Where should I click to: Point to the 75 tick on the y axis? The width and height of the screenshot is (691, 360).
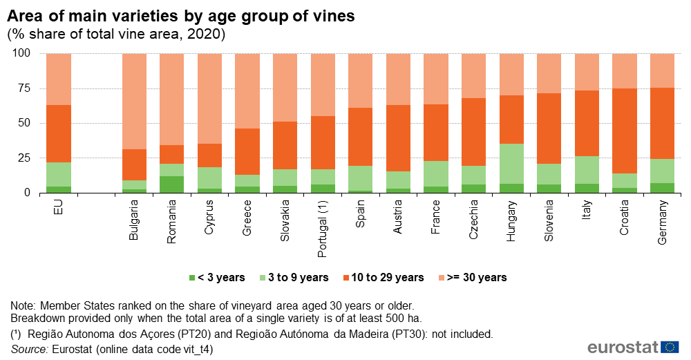26,88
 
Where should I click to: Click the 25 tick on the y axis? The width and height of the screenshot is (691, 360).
26,158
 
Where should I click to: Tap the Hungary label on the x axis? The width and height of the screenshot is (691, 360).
511,220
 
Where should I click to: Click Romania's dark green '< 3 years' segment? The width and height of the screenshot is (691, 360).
171,184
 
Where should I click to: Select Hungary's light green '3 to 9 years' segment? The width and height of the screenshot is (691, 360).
511,164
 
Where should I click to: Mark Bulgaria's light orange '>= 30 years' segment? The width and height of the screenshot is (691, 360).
134,101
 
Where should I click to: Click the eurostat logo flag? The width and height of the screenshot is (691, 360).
670,347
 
